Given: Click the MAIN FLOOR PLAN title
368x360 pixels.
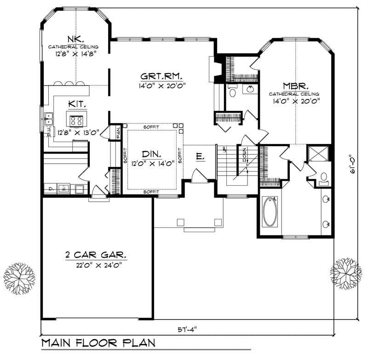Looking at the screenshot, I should (x=98, y=343).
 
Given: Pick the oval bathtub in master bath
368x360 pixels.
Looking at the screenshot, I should (x=270, y=211).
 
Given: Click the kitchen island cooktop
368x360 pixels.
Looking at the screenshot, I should (x=76, y=121).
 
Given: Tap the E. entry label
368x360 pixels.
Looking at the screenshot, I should (x=200, y=157).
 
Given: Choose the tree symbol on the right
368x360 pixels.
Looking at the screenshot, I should (x=345, y=272).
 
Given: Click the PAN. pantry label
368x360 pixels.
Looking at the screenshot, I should (x=118, y=133).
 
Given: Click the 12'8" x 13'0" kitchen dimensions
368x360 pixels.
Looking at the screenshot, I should (x=78, y=133).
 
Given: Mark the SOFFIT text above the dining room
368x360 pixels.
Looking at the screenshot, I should (x=152, y=126).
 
